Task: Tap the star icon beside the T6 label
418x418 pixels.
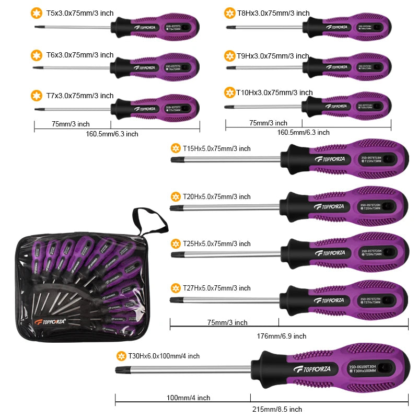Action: point(37,55)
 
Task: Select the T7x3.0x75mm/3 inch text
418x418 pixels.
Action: point(80,96)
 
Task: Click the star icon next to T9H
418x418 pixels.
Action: point(229,56)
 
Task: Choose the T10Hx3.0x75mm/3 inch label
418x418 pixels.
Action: point(274,92)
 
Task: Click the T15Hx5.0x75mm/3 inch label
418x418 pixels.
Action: point(216,149)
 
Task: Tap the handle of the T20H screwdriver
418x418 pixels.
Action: point(345,202)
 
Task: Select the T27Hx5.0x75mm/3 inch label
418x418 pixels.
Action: point(216,288)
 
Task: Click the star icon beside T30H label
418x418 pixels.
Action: point(121,356)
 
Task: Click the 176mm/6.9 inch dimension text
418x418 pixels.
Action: point(281,336)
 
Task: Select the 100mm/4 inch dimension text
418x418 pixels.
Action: point(188,398)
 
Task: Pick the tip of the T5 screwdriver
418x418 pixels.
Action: point(37,26)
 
